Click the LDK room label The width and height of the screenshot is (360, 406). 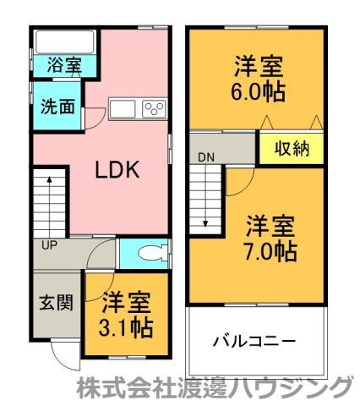pos(116,168)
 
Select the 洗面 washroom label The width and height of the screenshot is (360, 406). pos(57,107)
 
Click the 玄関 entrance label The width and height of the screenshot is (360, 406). pos(56,302)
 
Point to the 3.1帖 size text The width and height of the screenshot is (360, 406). pos(126,326)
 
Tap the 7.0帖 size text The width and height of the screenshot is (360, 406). pos(270,251)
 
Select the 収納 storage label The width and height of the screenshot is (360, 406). pos(292,149)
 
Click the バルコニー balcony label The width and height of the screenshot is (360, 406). pos(254,342)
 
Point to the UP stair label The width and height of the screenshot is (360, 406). pos(49,245)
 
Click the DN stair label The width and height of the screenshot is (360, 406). pos(207,157)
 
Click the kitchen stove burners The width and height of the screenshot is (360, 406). pos(154,108)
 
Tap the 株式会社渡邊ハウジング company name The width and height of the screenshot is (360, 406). pos(214,388)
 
